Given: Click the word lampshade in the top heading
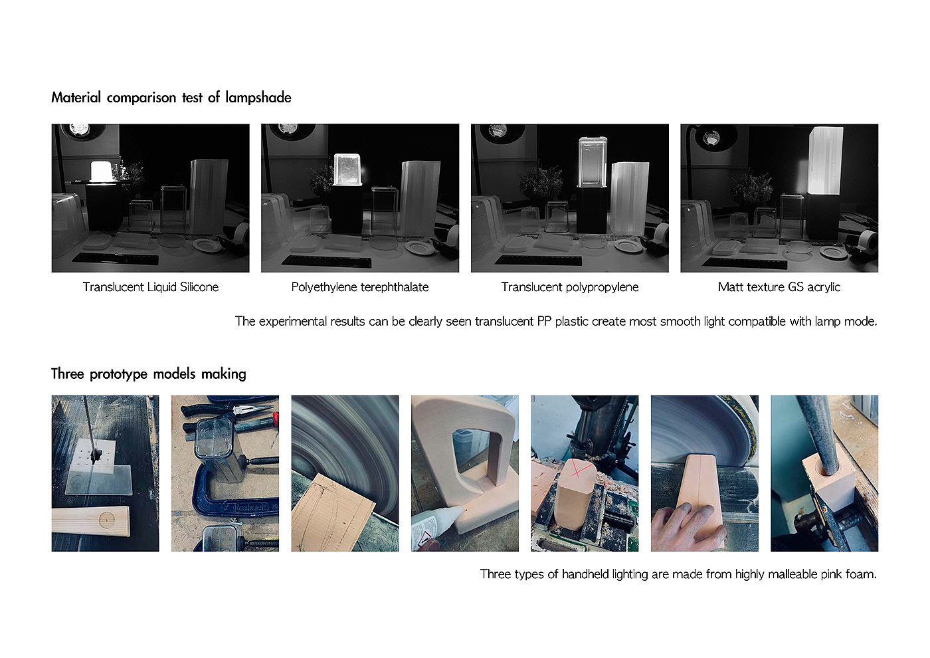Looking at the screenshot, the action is [x=258, y=98].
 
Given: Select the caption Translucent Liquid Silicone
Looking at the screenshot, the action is [x=151, y=287].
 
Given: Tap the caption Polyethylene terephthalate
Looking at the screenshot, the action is [x=360, y=287].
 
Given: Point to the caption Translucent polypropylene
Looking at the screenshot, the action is [x=570, y=287].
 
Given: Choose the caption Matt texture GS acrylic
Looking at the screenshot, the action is [x=779, y=287].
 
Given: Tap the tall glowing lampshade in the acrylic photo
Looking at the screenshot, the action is [x=825, y=161].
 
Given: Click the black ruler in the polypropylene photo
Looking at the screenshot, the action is [x=539, y=260].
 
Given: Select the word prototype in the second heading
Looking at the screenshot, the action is [x=119, y=374].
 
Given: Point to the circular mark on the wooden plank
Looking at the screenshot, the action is [x=107, y=520].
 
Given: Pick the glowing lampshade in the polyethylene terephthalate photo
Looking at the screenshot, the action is [x=347, y=169].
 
